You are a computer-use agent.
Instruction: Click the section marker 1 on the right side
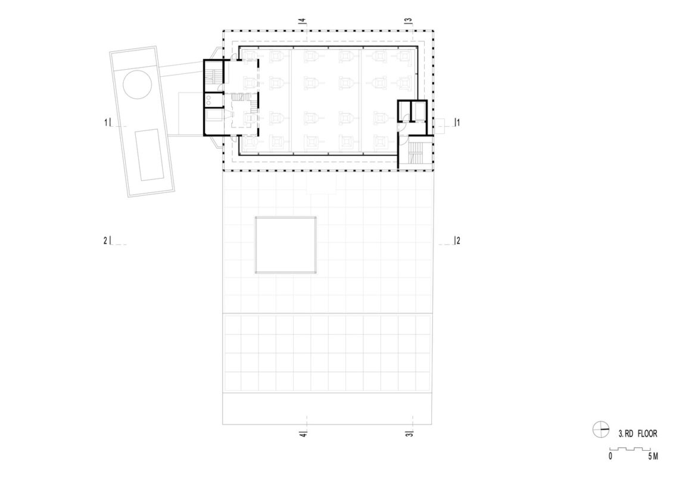click(x=456, y=123)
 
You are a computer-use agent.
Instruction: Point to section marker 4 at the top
click(x=302, y=21)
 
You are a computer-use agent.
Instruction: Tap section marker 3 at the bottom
click(x=409, y=434)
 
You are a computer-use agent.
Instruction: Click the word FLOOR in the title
click(x=647, y=434)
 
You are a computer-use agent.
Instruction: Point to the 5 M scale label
click(x=653, y=456)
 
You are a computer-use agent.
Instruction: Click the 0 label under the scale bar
click(x=611, y=456)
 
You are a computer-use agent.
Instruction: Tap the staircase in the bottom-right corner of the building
click(x=415, y=153)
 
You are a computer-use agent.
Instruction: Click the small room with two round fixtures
click(x=213, y=101)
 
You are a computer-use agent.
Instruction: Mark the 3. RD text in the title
click(x=626, y=434)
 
